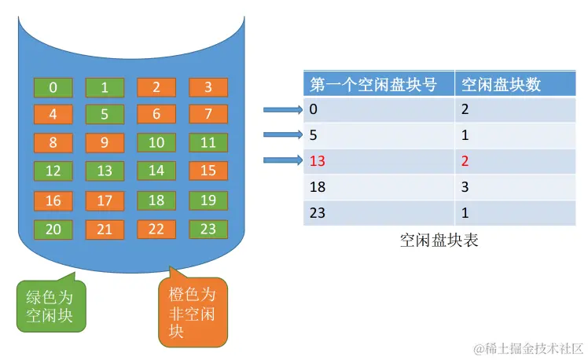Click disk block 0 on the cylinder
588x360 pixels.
click(x=53, y=87)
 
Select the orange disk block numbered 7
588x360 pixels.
click(x=208, y=115)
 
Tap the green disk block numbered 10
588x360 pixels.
click(x=156, y=143)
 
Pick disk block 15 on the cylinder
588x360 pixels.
click(x=208, y=171)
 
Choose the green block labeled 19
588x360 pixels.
click(x=208, y=200)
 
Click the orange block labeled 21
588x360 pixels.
click(x=105, y=230)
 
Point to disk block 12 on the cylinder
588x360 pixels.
click(x=53, y=171)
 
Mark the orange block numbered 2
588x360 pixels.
click(x=156, y=87)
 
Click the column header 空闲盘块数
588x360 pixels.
click(x=501, y=84)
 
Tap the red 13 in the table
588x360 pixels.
click(x=318, y=162)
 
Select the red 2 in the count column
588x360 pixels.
click(x=465, y=162)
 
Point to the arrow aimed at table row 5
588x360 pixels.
click(x=282, y=135)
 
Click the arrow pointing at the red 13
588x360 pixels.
click(x=282, y=161)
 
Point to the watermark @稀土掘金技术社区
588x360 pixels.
click(x=527, y=347)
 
